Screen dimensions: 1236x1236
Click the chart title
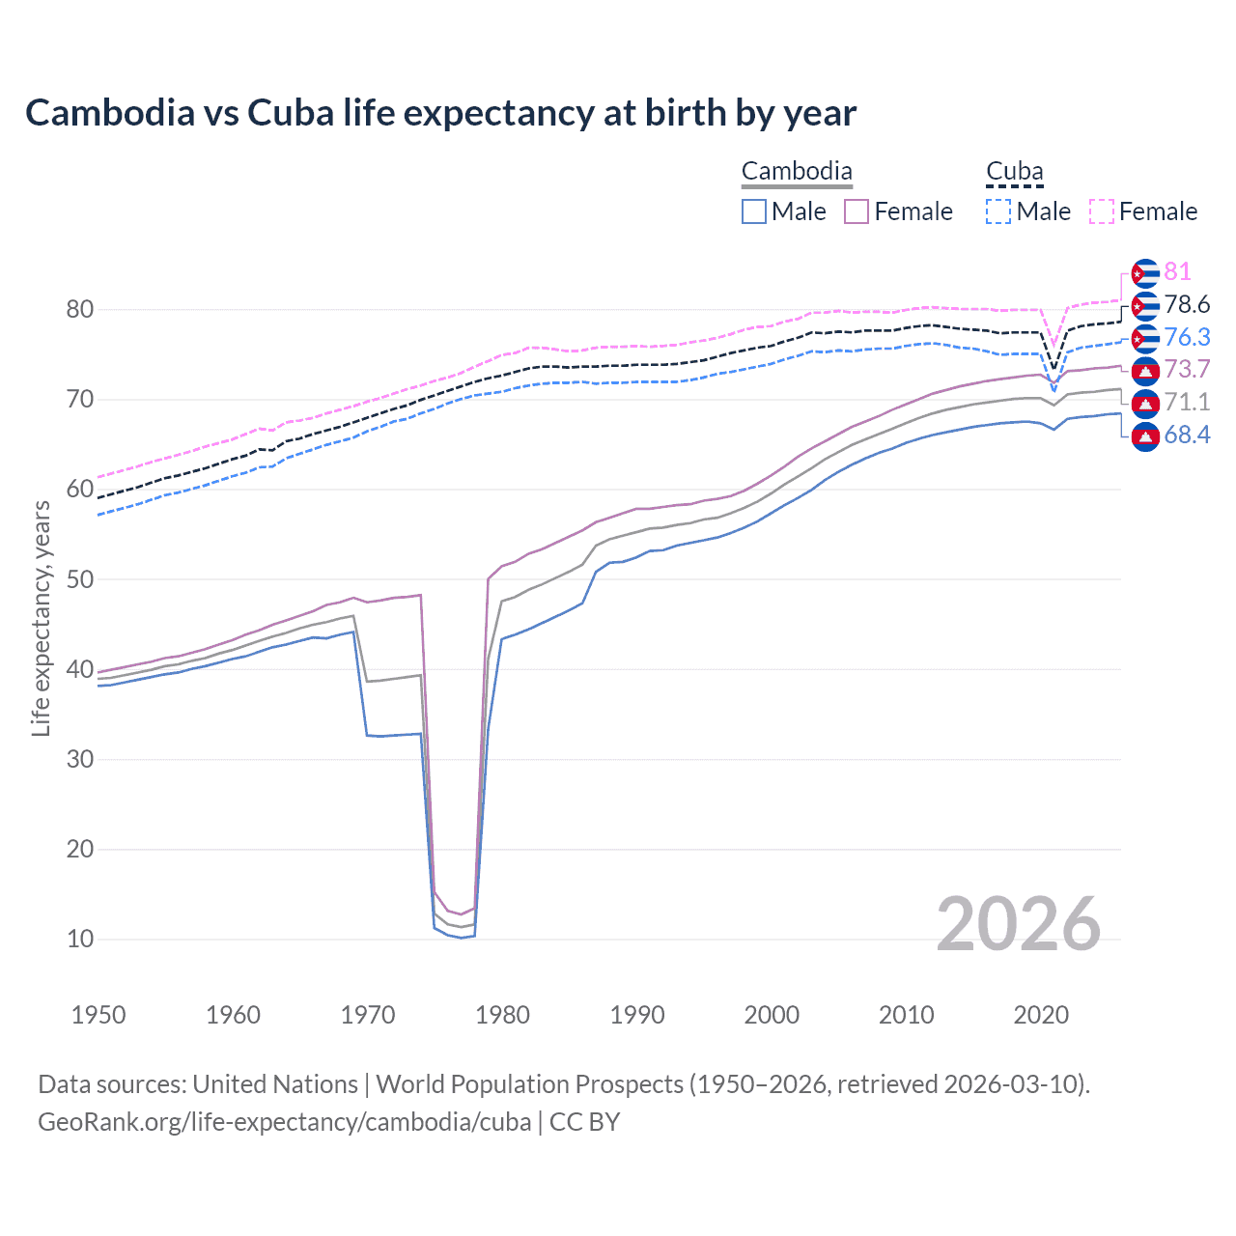coord(440,113)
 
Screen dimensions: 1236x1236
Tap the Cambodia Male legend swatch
coord(754,211)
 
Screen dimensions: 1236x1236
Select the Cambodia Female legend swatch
coord(857,211)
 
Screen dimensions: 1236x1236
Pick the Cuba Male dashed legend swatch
coord(998,211)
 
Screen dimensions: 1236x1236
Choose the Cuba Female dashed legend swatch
coord(1102,211)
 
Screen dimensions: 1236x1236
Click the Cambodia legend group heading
coord(797,172)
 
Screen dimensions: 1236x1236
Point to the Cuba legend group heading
coord(1014,172)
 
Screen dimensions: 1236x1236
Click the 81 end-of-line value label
coord(1177,272)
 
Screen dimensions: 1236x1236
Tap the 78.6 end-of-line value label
coord(1187,305)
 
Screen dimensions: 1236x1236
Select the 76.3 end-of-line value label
coord(1187,337)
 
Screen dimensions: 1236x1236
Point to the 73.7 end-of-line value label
coord(1187,370)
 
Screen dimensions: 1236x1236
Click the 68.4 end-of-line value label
coord(1187,435)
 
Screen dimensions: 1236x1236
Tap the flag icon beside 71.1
coord(1145,403)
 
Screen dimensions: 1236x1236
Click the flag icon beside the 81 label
coord(1145,273)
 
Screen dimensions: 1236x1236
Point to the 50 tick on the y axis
coord(80,579)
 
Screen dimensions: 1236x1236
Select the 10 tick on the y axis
coord(80,939)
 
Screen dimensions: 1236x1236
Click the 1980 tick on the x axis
coord(502,1015)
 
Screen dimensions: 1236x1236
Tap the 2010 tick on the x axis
coord(906,1015)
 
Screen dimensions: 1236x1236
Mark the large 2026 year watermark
coord(1018,925)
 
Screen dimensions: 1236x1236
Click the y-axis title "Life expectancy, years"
coord(42,618)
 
